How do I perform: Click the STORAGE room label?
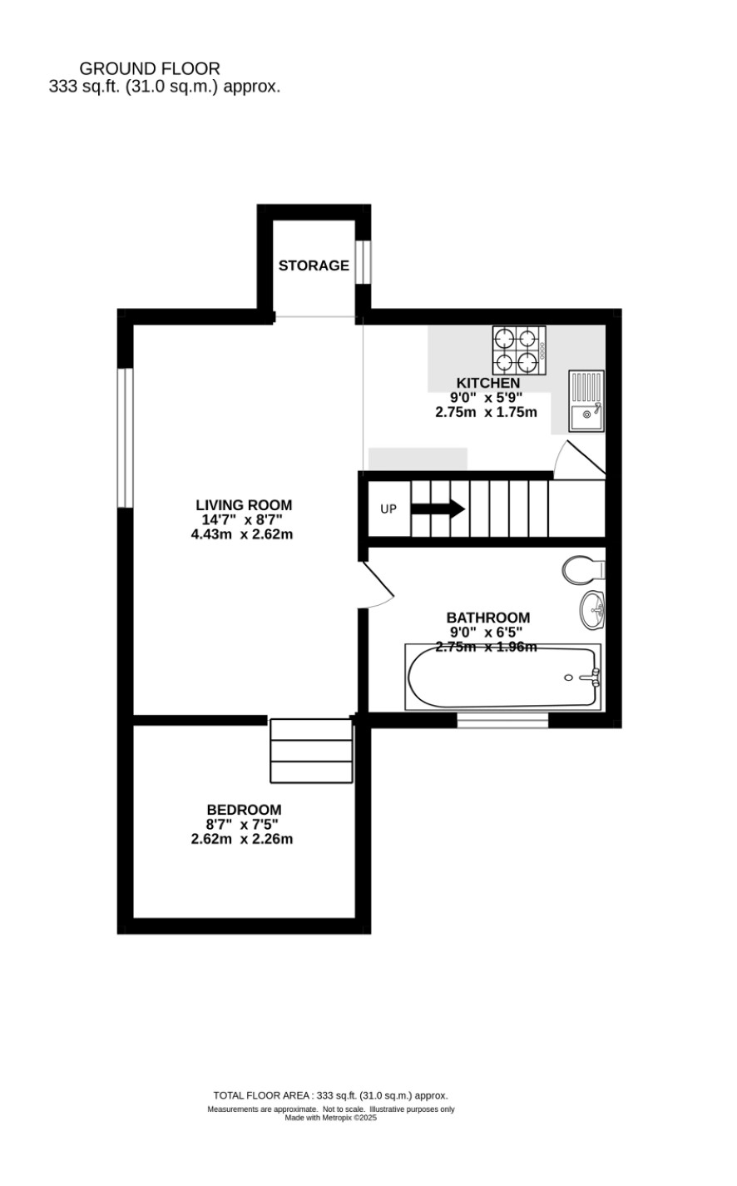pyautogui.click(x=314, y=265)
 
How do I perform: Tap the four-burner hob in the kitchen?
pyautogui.click(x=519, y=350)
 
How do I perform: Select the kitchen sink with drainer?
pyautogui.click(x=586, y=401)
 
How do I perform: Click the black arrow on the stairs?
pyautogui.click(x=438, y=509)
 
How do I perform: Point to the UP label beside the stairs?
pyautogui.click(x=388, y=509)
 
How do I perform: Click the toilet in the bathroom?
pyautogui.click(x=584, y=570)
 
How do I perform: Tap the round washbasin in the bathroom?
pyautogui.click(x=592, y=610)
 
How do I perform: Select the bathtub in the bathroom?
pyautogui.click(x=502, y=677)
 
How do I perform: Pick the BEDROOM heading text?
pyautogui.click(x=244, y=810)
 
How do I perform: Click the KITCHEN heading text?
pyautogui.click(x=487, y=383)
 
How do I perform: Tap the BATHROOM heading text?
pyautogui.click(x=487, y=618)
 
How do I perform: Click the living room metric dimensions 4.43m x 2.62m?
pyautogui.click(x=242, y=534)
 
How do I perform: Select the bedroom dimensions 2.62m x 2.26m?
pyautogui.click(x=242, y=839)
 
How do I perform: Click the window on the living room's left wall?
pyautogui.click(x=126, y=437)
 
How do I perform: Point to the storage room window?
pyautogui.click(x=363, y=263)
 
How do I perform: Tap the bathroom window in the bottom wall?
pyautogui.click(x=502, y=720)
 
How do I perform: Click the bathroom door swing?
pyautogui.click(x=377, y=584)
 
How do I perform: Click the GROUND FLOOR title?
pyautogui.click(x=150, y=69)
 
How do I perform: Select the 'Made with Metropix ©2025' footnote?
pyautogui.click(x=331, y=1118)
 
